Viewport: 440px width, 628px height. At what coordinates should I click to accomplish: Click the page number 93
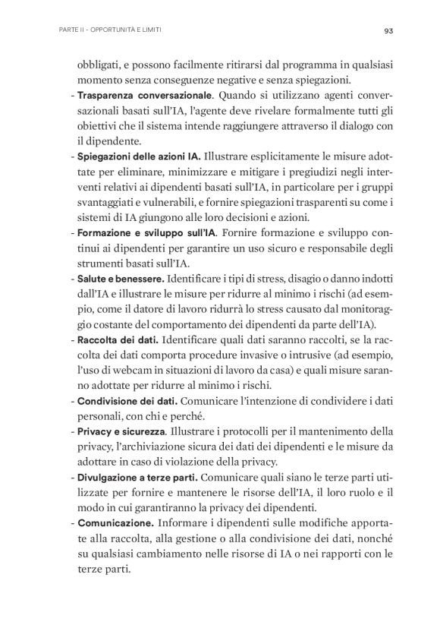(387, 31)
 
